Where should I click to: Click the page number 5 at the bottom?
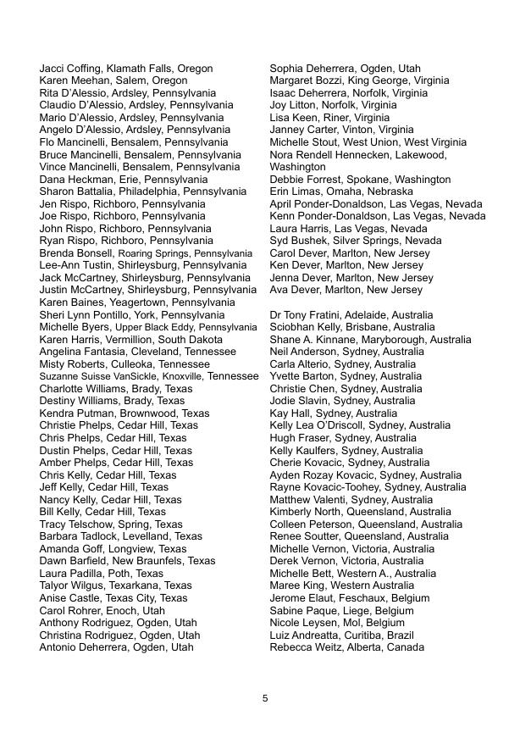click(x=265, y=698)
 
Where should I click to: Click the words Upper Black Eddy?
click(x=152, y=327)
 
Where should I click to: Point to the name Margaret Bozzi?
click(x=306, y=81)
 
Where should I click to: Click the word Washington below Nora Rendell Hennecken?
click(x=297, y=168)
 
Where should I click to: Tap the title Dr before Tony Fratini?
click(x=275, y=315)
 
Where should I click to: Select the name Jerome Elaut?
click(x=303, y=598)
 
